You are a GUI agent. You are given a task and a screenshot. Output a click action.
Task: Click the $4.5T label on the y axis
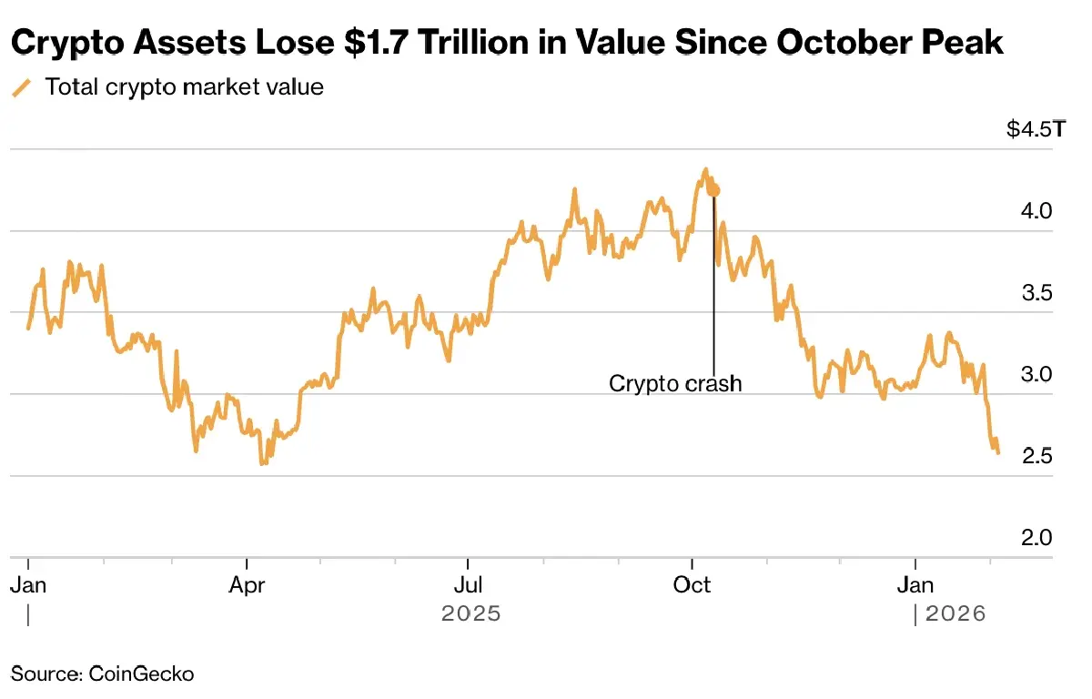pos(1034,130)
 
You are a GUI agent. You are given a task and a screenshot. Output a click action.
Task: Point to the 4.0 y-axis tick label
pos(1037,211)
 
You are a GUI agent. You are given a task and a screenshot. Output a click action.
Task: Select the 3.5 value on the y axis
pos(1037,293)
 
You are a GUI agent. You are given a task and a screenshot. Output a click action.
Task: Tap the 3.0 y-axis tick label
pos(1037,374)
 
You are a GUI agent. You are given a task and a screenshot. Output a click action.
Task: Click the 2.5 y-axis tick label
pos(1037,456)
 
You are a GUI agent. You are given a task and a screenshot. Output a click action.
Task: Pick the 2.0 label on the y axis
pos(1037,538)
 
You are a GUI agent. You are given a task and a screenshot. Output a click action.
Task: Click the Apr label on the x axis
pos(247,585)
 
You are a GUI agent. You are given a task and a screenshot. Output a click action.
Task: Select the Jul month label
pos(468,585)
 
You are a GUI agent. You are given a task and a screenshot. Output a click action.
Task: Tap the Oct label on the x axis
pos(692,585)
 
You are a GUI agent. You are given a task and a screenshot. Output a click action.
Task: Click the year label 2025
pos(470,614)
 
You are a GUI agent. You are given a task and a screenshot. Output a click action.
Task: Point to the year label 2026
pos(955,614)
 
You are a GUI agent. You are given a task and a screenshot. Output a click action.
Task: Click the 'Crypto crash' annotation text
pos(675,383)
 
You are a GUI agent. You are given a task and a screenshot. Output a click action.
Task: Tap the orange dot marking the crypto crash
pos(714,190)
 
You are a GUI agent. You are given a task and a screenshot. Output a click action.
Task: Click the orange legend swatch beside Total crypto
pos(21,88)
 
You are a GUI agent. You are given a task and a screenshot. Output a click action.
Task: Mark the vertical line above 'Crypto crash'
pos(714,282)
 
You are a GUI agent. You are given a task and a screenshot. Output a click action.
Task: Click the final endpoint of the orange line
pos(998,452)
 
